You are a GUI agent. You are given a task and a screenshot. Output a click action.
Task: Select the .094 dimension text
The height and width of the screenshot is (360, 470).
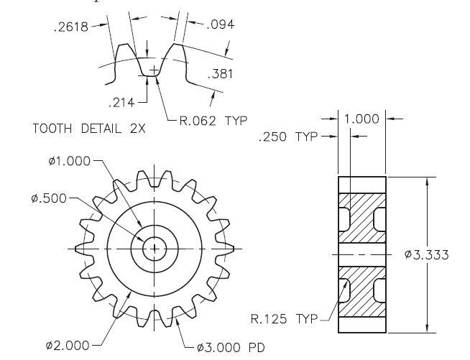tap(221, 25)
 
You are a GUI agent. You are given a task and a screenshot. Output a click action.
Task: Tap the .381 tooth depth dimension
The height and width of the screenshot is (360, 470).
tap(221, 74)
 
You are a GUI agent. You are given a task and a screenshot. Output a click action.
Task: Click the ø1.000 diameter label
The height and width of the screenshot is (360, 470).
tap(70, 161)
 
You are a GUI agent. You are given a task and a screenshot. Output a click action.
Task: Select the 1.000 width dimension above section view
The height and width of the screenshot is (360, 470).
tap(362, 119)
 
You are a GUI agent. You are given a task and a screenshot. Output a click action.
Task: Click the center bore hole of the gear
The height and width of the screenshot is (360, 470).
tap(155, 249)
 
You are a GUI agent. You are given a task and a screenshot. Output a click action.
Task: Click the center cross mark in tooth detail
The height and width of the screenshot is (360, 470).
tap(152, 68)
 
